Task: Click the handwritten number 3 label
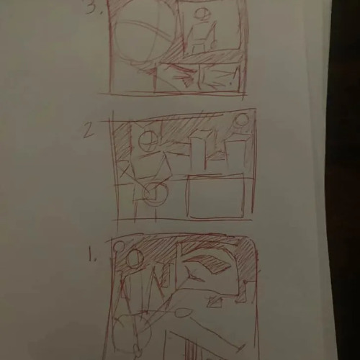[92, 6]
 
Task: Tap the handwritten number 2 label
[89, 131]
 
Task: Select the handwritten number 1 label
[92, 254]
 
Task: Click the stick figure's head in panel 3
[203, 14]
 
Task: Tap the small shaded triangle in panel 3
[188, 81]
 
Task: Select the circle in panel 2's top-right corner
[242, 120]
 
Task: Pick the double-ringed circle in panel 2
[155, 193]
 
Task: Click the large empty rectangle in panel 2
[216, 197]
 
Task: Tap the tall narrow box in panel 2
[198, 153]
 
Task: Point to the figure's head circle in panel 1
[135, 258]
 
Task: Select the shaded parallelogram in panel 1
[207, 262]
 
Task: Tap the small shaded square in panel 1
[215, 302]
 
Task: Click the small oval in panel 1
[184, 312]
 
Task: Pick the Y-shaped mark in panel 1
[192, 276]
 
